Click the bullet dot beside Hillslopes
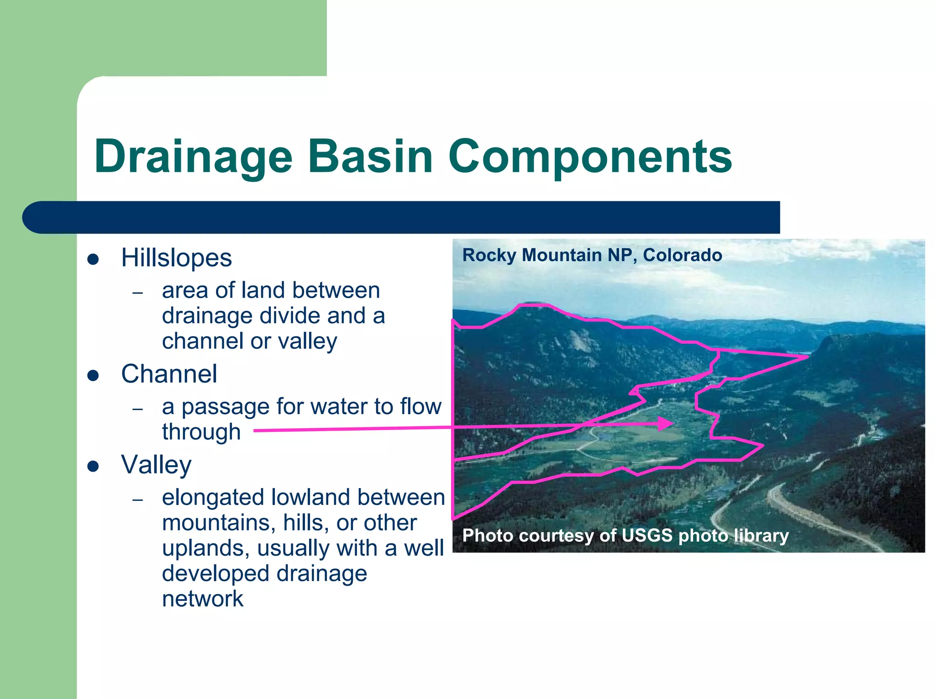point(93,259)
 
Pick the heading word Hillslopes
point(176,258)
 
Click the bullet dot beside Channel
point(93,375)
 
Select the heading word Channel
point(169,374)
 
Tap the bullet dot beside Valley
point(93,466)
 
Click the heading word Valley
point(156,465)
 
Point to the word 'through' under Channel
point(201,432)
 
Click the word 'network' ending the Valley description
point(203,599)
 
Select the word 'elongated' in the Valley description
point(213,497)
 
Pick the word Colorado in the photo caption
point(682,255)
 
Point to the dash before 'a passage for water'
point(137,409)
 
